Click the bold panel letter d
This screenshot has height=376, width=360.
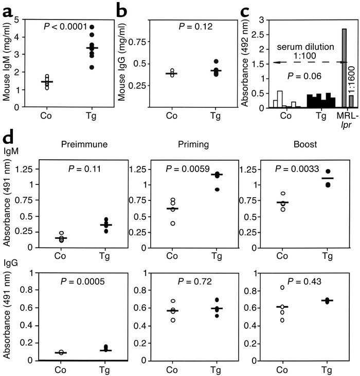pos(9,140)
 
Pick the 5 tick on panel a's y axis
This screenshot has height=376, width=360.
pos(20,20)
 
